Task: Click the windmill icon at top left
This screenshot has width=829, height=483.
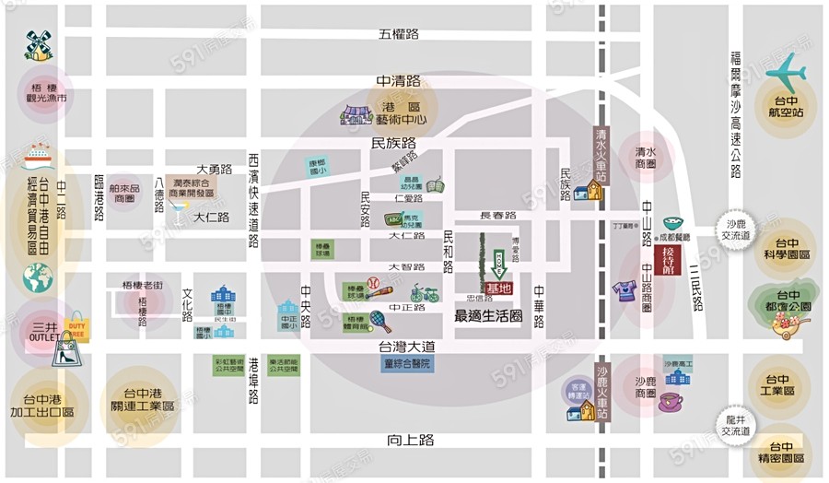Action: [38, 44]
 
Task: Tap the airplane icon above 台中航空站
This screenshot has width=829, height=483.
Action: [785, 71]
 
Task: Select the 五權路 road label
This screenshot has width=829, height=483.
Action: [398, 34]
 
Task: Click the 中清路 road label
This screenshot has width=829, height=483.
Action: [398, 82]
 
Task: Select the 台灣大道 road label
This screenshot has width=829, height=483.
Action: [406, 347]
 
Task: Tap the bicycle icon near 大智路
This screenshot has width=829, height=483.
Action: [425, 293]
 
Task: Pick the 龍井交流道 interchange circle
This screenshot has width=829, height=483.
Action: [735, 425]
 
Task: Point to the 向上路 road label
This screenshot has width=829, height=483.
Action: [411, 441]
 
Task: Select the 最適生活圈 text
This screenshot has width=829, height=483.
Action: [488, 315]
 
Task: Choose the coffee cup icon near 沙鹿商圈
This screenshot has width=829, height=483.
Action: [670, 403]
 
